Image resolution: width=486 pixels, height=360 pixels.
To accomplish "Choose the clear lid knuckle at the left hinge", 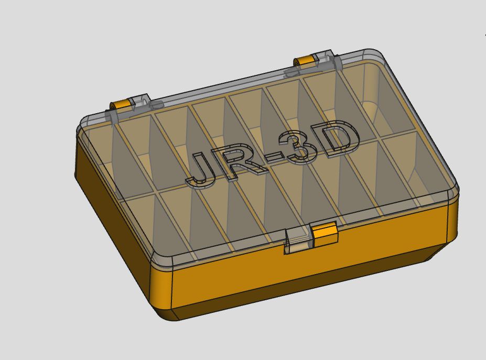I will [141, 102].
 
